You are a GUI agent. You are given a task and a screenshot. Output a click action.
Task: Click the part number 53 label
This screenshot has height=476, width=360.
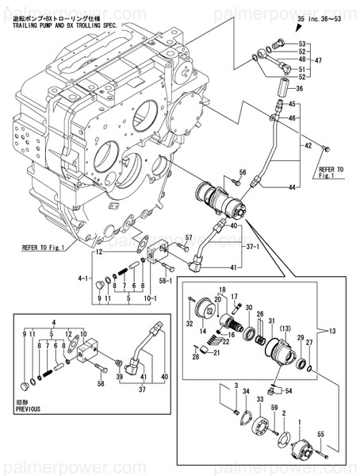click(x=301, y=44)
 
